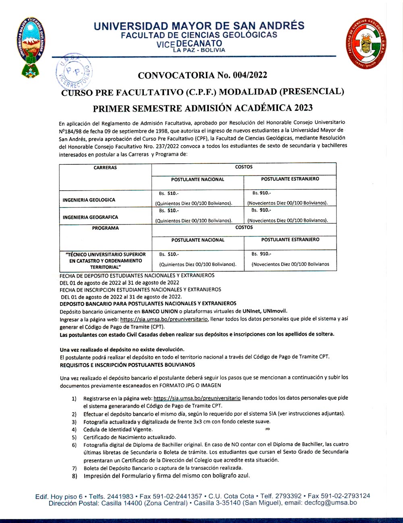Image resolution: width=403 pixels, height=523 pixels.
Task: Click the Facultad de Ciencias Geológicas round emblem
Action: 366,43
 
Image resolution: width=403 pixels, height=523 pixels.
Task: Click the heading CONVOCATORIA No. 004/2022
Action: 202,75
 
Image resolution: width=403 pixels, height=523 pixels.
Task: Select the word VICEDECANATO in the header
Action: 189,44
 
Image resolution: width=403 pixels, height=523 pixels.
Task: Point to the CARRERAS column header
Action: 105,168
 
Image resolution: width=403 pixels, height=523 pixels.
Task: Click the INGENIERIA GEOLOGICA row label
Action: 89,200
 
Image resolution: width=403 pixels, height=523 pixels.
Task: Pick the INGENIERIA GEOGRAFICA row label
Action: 90,217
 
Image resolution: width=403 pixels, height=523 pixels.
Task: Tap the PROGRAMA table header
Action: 105,228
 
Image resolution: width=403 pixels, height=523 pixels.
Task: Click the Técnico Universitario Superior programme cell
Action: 105,261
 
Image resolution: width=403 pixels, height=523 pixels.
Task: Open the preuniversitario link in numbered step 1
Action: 197,398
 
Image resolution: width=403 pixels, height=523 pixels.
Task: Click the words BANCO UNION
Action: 160,311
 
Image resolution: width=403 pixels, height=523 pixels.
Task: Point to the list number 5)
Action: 74,437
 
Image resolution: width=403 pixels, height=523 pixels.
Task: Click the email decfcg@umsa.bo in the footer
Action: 330,503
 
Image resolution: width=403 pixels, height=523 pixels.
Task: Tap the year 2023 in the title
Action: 303,108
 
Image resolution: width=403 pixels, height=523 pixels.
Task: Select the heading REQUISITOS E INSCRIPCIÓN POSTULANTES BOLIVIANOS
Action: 127,365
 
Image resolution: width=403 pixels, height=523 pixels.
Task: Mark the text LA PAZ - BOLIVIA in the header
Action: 199,50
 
